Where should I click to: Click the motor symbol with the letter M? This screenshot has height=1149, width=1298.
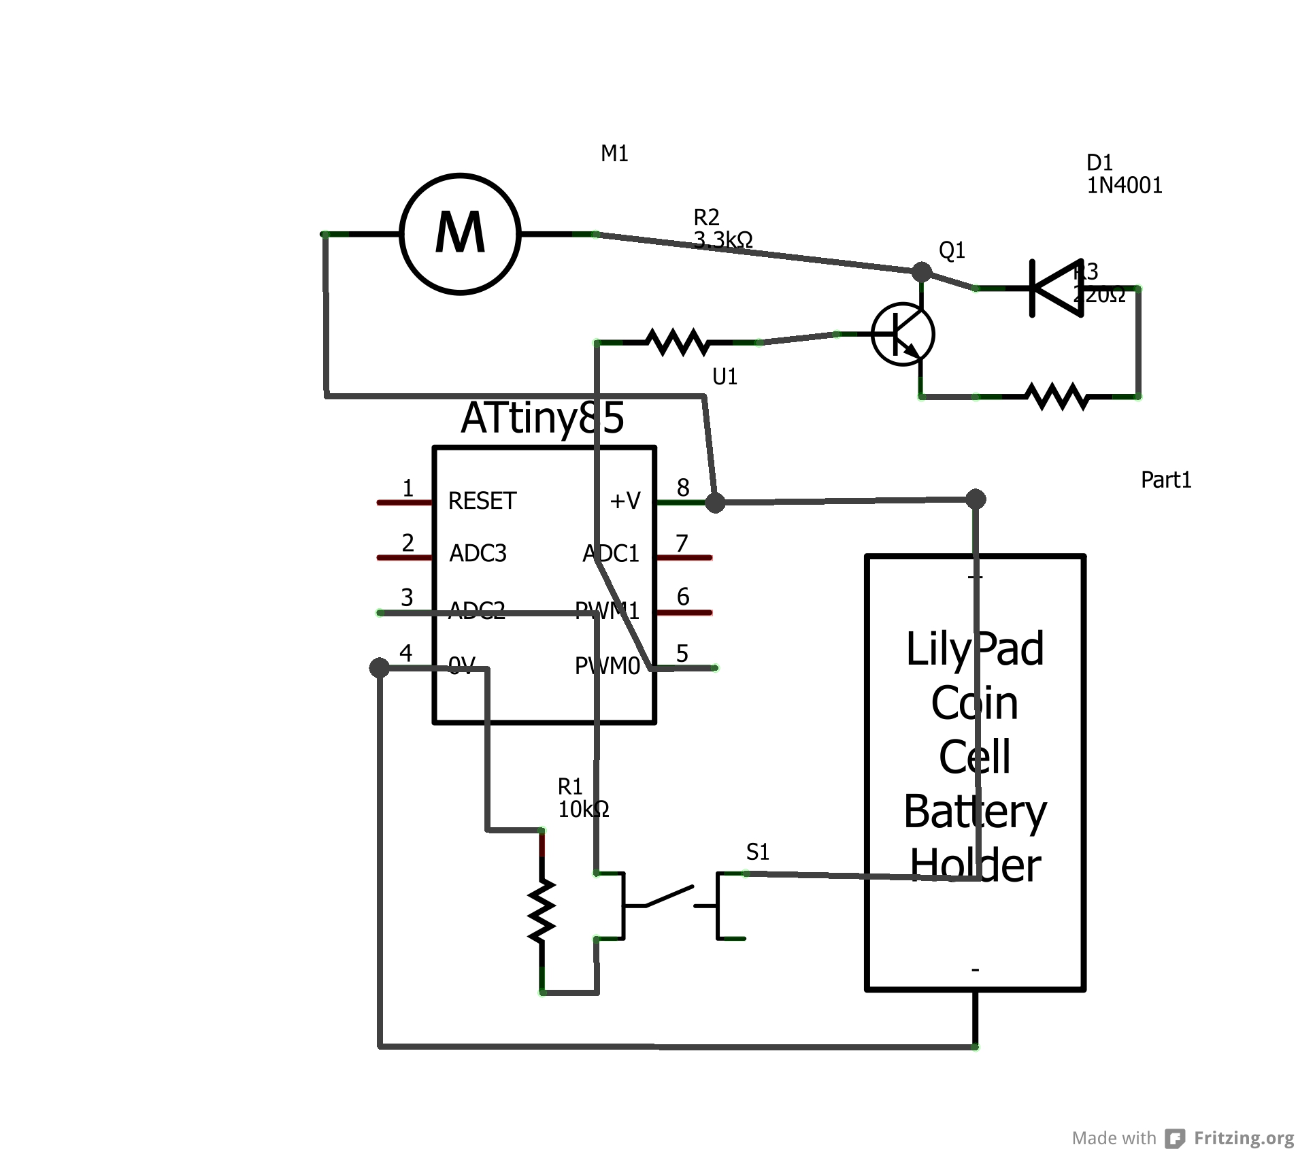(x=460, y=233)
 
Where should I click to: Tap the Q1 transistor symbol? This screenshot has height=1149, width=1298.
(x=902, y=334)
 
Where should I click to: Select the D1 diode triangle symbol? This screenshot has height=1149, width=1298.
(x=1056, y=288)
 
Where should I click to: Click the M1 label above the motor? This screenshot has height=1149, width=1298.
(x=614, y=154)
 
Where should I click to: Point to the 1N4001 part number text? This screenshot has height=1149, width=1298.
(x=1124, y=186)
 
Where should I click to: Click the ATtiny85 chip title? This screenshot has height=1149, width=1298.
(x=542, y=417)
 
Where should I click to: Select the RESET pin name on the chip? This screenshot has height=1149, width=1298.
(x=482, y=501)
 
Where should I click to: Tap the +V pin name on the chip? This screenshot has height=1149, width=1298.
(x=625, y=501)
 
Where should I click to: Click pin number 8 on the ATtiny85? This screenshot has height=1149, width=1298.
(x=683, y=487)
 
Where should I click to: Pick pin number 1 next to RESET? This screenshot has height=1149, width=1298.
(x=407, y=488)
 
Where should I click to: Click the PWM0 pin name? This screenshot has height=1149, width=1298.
(x=607, y=666)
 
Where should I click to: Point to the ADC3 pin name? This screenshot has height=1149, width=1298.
(x=478, y=553)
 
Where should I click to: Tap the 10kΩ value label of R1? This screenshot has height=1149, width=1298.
(x=583, y=810)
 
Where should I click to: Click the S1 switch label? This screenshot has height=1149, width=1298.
(x=757, y=852)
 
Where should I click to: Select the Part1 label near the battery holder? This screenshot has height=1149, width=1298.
(x=1165, y=480)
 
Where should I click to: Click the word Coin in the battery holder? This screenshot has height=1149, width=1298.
(x=974, y=703)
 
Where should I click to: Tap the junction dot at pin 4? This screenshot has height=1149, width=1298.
(x=379, y=667)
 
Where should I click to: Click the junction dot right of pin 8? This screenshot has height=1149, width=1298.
(x=714, y=503)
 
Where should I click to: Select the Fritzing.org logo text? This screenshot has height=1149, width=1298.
(x=1243, y=1137)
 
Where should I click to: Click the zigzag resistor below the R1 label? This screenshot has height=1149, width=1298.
(x=542, y=911)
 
